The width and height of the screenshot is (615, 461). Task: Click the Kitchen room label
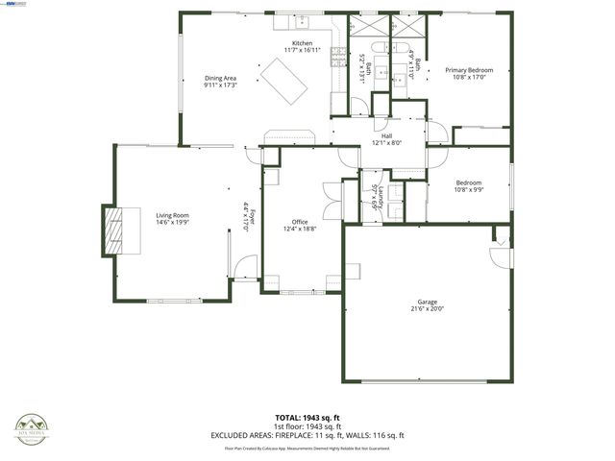click(x=303, y=44)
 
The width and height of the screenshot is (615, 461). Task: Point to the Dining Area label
click(x=220, y=78)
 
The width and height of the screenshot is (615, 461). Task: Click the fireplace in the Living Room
click(x=114, y=230)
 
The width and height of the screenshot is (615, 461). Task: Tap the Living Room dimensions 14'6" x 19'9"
click(x=174, y=222)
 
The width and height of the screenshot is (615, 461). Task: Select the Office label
click(x=300, y=222)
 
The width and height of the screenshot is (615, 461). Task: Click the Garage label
click(x=427, y=302)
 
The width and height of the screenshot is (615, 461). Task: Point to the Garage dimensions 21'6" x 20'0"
click(x=427, y=309)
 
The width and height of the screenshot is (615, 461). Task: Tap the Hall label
click(x=386, y=135)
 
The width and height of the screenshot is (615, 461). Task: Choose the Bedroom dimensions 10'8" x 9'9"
click(x=469, y=189)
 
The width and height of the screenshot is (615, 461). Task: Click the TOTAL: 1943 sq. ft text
click(x=307, y=418)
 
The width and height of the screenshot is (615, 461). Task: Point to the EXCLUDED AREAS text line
click(x=307, y=435)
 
